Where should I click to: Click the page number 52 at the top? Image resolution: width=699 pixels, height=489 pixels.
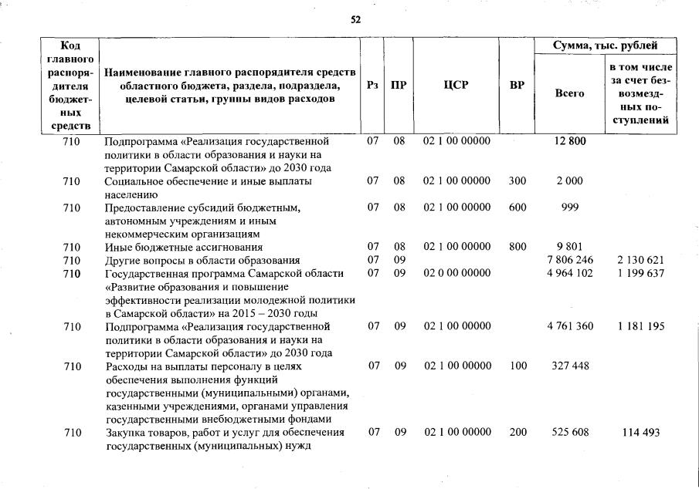[355, 19]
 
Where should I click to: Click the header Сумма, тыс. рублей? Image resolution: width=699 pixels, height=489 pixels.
[606, 46]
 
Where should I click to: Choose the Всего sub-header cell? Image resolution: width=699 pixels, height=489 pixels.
[570, 93]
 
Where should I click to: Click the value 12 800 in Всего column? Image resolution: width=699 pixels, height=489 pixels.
[571, 142]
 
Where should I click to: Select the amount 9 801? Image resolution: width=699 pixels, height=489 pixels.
[570, 247]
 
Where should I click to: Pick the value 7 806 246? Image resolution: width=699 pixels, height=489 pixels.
[570, 260]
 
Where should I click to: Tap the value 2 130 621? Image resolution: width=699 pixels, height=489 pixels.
[640, 260]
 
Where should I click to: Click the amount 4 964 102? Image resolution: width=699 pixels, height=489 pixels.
[570, 273]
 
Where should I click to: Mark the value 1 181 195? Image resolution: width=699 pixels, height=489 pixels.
[640, 326]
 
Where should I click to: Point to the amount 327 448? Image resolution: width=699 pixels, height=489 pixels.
[570, 366]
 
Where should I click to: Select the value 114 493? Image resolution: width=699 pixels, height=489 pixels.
[640, 433]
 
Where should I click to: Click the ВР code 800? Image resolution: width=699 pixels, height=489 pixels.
[517, 247]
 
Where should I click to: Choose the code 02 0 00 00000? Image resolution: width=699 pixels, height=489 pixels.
[456, 273]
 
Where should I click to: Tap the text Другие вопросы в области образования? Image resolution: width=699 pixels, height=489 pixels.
[202, 260]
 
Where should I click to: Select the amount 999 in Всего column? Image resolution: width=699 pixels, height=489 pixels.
[570, 207]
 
